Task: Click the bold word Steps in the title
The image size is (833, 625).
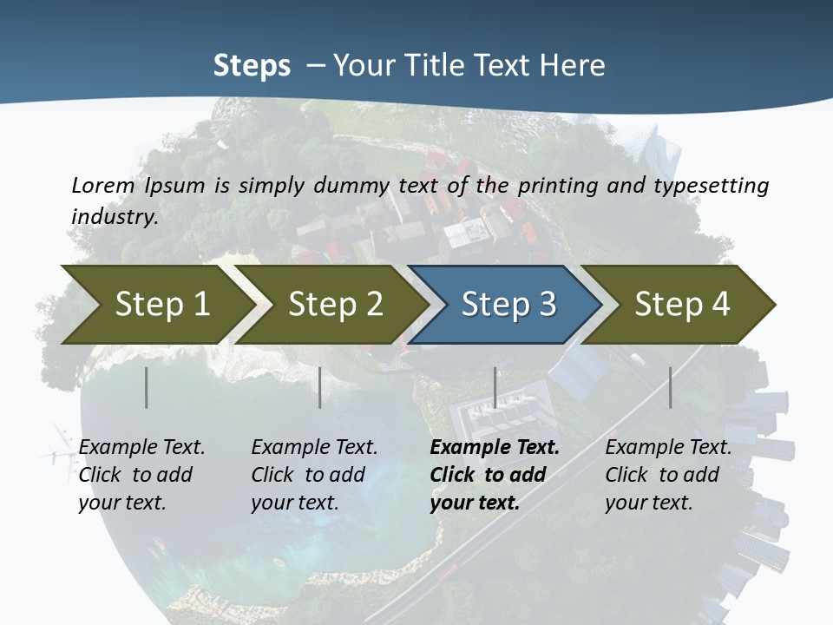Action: (252, 66)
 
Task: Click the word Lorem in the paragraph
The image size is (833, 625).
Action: (103, 185)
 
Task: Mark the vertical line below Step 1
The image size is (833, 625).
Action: (147, 387)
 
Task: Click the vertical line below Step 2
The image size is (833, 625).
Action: (320, 387)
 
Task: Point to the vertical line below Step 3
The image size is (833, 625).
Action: (495, 387)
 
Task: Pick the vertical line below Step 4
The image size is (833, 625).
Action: (670, 387)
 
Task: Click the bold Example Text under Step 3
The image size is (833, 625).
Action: (495, 448)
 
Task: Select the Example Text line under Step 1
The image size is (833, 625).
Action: (141, 448)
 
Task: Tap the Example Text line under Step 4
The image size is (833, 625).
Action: (668, 448)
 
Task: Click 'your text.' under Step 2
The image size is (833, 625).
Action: (295, 503)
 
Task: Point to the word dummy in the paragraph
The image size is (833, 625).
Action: (355, 185)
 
